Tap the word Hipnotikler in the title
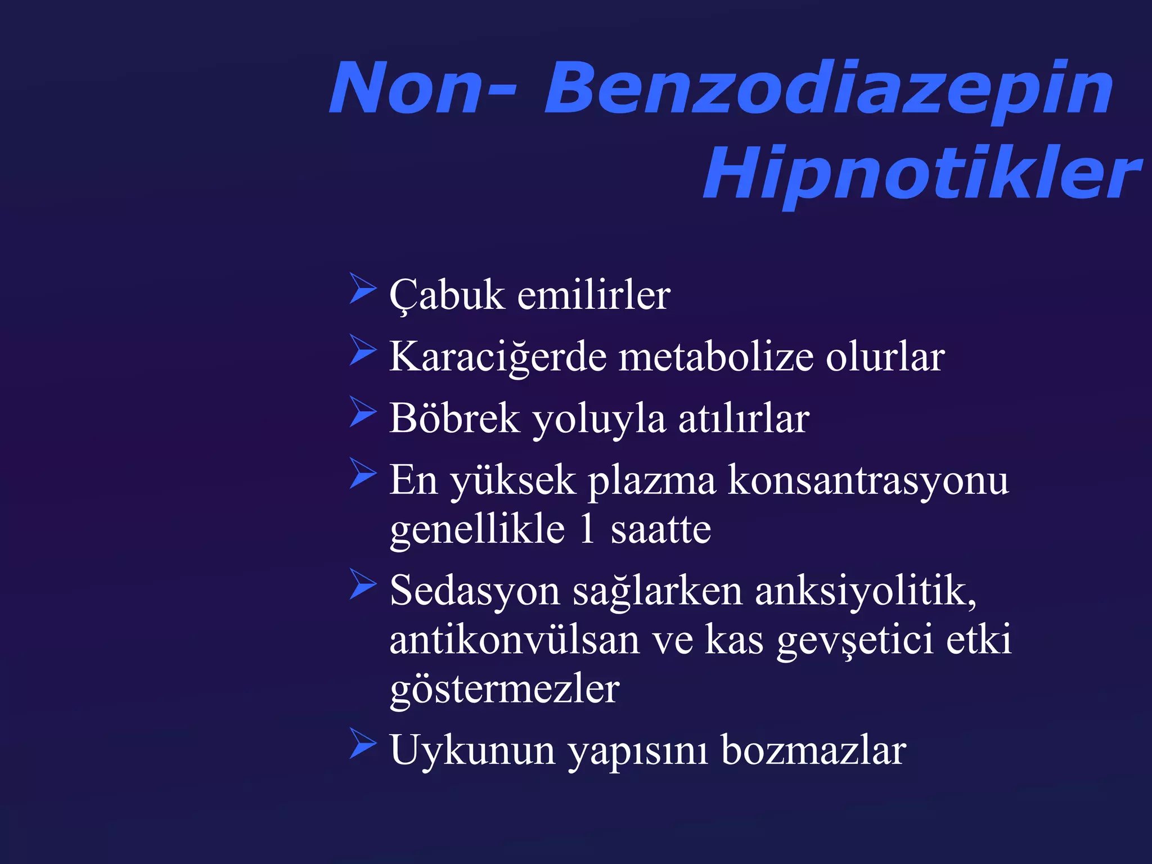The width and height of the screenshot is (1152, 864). coord(922,173)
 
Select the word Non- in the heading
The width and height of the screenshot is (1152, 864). coord(422,89)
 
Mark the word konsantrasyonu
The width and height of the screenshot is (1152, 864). coord(868,480)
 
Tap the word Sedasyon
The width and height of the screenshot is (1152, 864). coord(475,591)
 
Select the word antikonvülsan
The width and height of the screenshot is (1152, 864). coord(515,640)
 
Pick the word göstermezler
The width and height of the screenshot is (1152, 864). coord(505,690)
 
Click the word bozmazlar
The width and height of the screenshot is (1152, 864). coord(813,750)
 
